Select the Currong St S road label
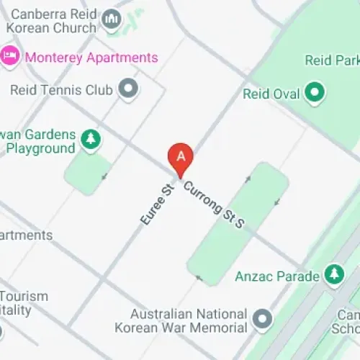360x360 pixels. [x=215, y=205]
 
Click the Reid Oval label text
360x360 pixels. [x=270, y=94]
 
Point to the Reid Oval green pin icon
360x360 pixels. [x=313, y=92]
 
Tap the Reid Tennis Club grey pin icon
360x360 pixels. [x=129, y=89]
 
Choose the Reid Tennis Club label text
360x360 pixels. [x=61, y=91]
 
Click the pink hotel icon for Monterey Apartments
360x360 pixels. [x=10, y=56]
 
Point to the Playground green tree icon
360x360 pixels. [x=90, y=139]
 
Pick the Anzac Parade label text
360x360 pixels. [x=276, y=276]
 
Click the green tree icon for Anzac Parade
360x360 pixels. [x=333, y=274]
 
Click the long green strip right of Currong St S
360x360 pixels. [x=238, y=223]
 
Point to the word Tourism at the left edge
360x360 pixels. [x=24, y=297]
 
